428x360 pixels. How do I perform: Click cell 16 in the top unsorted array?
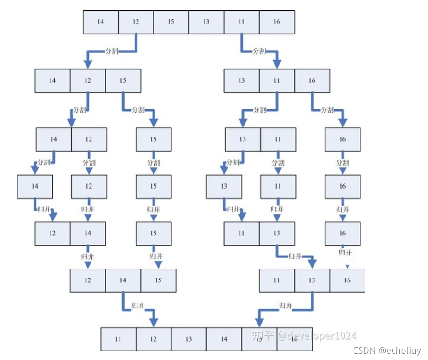[x=277, y=22]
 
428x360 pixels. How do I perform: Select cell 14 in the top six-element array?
[x=101, y=22]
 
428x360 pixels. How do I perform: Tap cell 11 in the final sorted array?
[x=118, y=339]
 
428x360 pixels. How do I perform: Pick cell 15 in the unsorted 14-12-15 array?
[x=123, y=80]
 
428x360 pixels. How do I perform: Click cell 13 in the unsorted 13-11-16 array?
[x=241, y=80]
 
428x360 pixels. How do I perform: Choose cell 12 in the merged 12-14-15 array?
[x=88, y=280]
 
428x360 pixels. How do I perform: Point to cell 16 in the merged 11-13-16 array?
[x=347, y=280]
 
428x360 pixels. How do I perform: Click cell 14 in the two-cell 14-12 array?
[x=54, y=139]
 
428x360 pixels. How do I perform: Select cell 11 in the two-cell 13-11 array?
[x=278, y=139]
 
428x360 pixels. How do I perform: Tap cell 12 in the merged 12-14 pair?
[x=52, y=233]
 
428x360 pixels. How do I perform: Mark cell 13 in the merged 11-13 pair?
[x=276, y=233]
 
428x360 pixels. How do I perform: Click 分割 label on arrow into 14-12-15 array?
[x=112, y=51]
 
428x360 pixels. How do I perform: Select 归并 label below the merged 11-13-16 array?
[x=285, y=305]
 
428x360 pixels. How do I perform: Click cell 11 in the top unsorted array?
[x=241, y=22]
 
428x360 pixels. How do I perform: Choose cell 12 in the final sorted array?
[x=154, y=339]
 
